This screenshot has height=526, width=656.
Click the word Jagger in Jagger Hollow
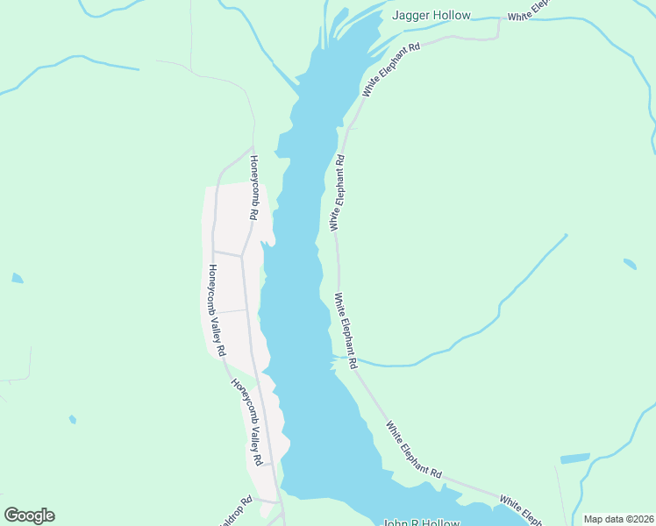[410, 16]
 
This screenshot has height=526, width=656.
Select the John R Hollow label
[421, 522]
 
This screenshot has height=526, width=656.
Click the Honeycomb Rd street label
[253, 188]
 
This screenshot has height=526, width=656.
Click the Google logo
[29, 515]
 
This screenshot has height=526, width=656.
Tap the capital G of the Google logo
[12, 515]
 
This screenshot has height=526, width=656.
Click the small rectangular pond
[574, 458]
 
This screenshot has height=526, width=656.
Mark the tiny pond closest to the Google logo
[72, 419]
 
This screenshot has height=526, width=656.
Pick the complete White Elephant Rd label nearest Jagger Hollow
[392, 68]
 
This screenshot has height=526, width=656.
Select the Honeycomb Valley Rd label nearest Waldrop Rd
[246, 421]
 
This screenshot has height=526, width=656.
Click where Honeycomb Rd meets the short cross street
[242, 256]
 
